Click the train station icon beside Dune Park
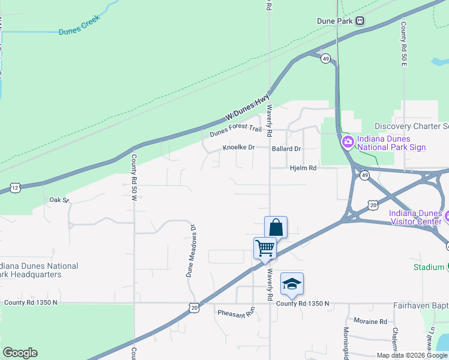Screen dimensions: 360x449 tap(360, 21)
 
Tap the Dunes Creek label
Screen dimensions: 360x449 tap(78, 31)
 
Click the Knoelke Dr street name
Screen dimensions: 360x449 tap(239, 148)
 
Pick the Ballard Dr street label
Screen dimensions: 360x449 tap(286, 148)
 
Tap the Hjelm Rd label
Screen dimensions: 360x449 tap(303, 169)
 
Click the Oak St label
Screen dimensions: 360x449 tap(59, 200)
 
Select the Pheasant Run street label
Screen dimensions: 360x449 tap(237, 313)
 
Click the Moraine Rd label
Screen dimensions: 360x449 tap(370, 322)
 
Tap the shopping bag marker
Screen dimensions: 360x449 tap(276, 228)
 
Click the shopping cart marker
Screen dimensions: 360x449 tap(265, 248)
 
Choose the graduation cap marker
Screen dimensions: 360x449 tap(292, 284)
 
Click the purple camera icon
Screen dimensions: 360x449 tap(348, 142)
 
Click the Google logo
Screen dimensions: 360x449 tap(20, 353)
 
